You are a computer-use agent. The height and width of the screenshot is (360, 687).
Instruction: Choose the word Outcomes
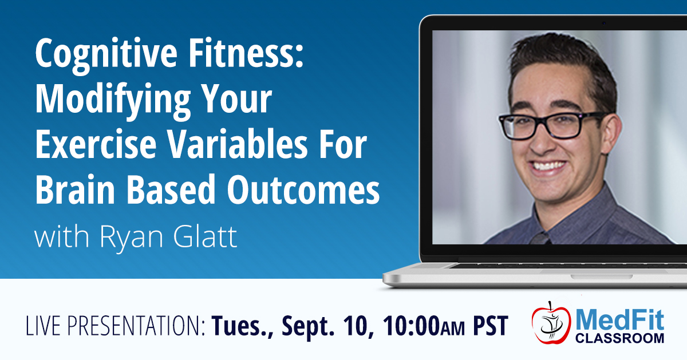[303, 189]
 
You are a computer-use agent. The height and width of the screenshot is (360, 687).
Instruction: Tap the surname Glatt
[205, 236]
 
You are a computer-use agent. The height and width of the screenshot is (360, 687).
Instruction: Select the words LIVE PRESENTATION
[115, 326]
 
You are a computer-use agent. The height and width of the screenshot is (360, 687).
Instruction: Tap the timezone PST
[491, 326]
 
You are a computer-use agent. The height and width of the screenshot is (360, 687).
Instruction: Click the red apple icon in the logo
[551, 323]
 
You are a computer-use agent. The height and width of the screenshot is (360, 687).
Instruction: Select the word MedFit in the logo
[620, 319]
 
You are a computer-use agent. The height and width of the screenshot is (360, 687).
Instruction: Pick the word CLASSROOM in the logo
[620, 338]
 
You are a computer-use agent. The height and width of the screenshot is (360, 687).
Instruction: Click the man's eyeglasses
[549, 125]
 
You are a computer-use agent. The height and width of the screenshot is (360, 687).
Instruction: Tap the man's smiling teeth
[548, 166]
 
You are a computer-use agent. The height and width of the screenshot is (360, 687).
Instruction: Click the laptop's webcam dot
[604, 23]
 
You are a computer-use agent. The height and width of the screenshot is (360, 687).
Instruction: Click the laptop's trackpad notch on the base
[601, 277]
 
